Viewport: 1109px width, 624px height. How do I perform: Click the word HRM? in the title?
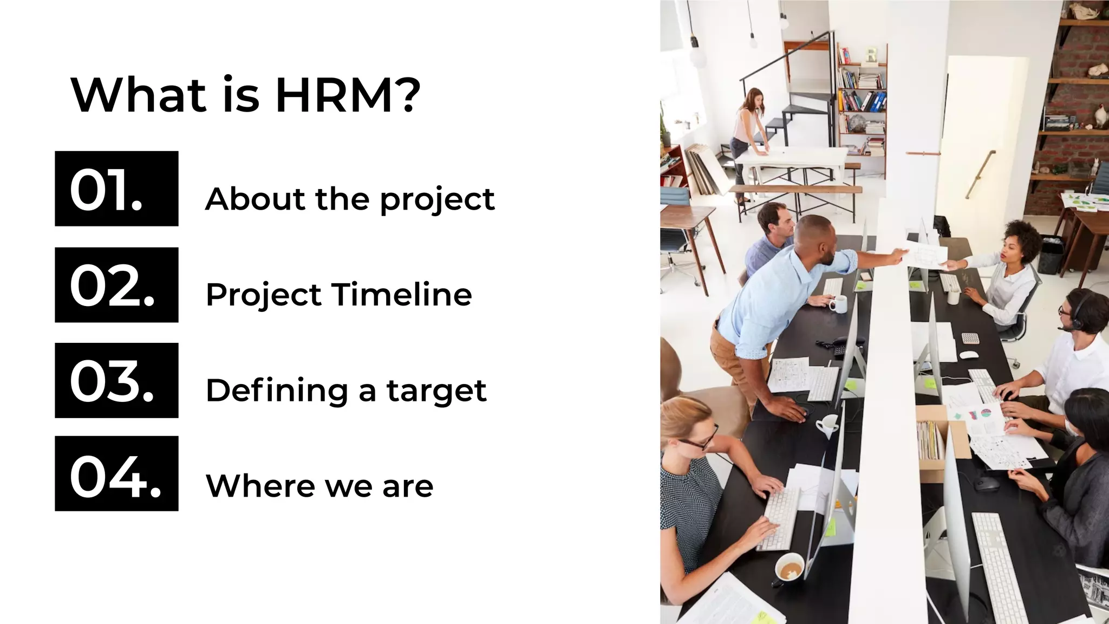tap(348, 96)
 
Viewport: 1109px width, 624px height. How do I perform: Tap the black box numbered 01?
tap(116, 188)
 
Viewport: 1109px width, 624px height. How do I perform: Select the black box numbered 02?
tap(116, 285)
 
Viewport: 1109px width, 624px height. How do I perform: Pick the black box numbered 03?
tap(116, 380)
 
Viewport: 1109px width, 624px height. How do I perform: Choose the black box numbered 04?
tap(116, 473)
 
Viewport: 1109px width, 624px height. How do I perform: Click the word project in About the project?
tap(437, 200)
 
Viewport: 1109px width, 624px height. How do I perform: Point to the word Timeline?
tap(401, 295)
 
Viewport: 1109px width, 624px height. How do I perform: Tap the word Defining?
tap(277, 391)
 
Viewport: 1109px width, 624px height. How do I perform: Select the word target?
tap(436, 391)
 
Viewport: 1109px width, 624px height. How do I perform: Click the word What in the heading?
tap(139, 96)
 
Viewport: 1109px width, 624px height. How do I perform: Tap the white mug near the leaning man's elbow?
tap(837, 304)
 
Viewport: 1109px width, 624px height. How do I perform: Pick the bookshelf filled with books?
tap(861, 97)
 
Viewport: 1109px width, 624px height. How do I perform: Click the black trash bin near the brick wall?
tap(1051, 254)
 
